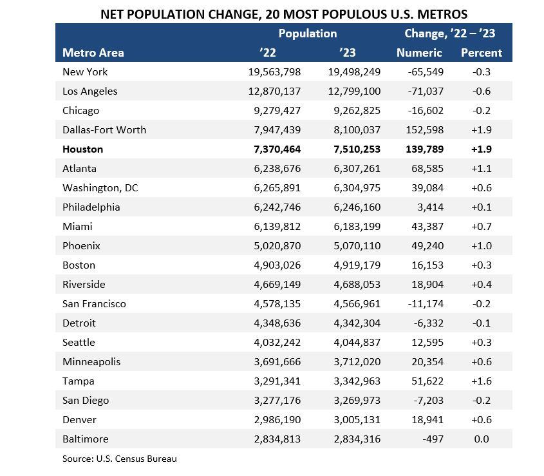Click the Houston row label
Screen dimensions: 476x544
coord(82,149)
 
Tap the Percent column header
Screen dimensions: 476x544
coord(481,53)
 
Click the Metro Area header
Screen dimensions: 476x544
coord(93,53)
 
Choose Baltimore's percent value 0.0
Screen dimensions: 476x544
coord(481,439)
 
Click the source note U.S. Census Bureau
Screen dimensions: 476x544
coord(119,459)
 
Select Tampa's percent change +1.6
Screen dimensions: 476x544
coord(481,381)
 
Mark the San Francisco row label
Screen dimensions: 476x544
coord(94,303)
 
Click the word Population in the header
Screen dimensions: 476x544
coord(307,33)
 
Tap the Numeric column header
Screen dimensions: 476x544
coord(419,53)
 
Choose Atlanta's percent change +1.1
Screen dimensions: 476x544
coord(481,168)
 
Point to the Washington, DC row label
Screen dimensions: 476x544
coord(100,187)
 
